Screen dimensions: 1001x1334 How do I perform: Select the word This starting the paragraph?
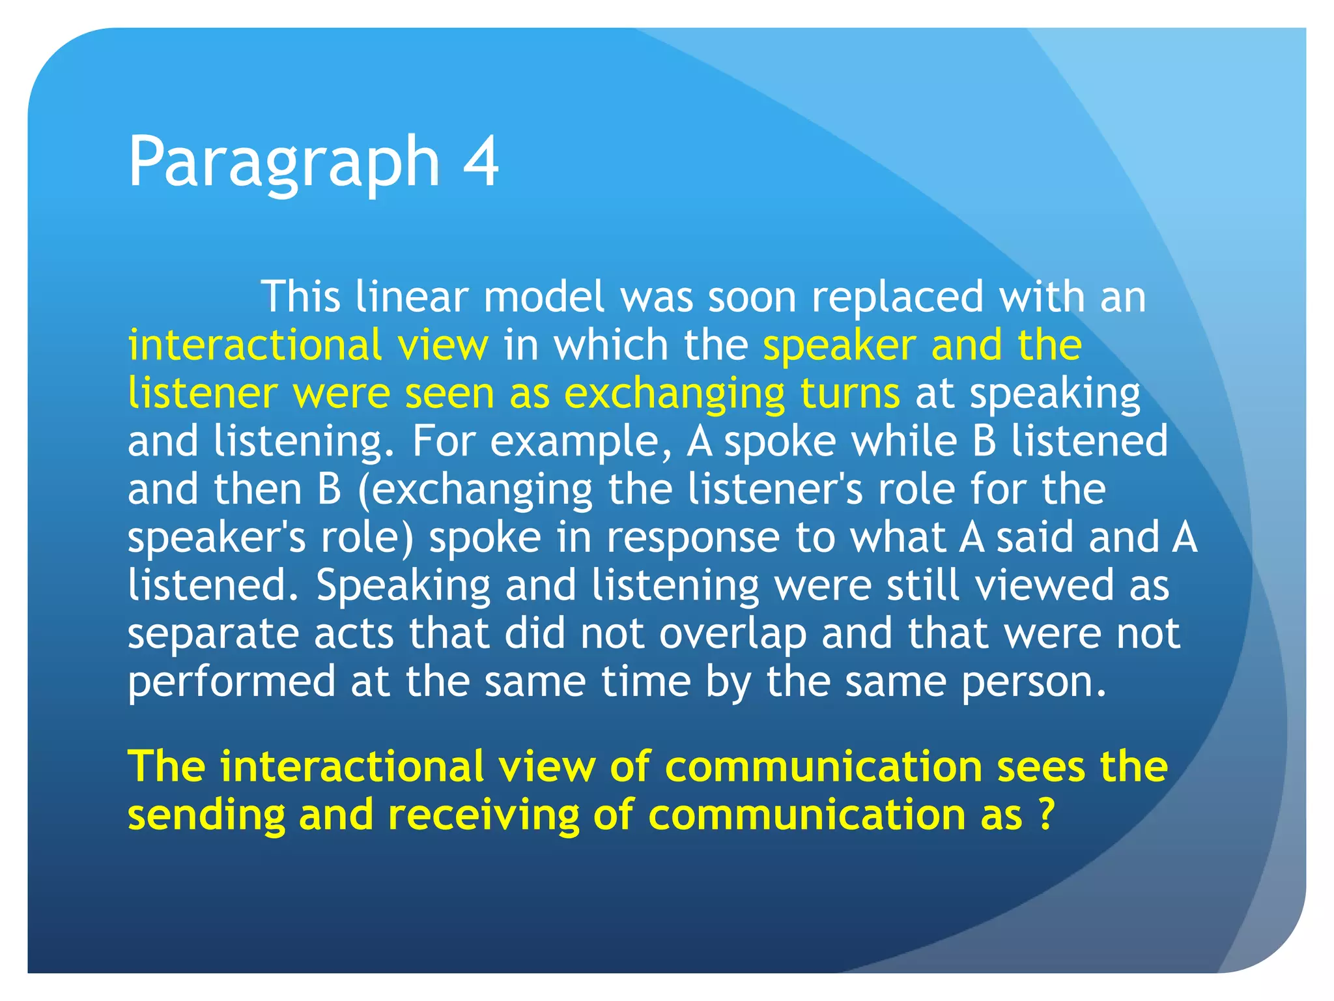[x=300, y=297]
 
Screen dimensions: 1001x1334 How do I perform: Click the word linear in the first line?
[x=412, y=297]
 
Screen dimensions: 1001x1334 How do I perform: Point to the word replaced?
[x=897, y=297]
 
